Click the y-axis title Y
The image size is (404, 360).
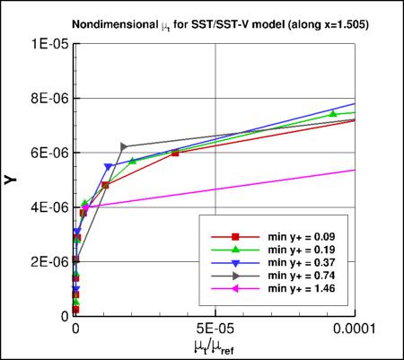point(12,180)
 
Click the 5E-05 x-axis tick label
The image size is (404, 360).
point(215,328)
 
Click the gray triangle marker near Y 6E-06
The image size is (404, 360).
point(124,146)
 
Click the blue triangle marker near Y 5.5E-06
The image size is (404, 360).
point(108,167)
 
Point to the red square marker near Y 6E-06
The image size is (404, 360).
point(175,153)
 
